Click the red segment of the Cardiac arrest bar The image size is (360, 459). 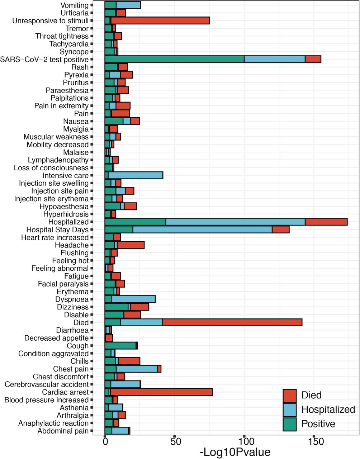pyautogui.click(x=161, y=392)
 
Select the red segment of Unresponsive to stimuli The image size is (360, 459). pyautogui.click(x=160, y=21)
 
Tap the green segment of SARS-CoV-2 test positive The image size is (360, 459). pyautogui.click(x=174, y=60)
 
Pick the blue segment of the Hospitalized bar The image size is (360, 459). pyautogui.click(x=236, y=222)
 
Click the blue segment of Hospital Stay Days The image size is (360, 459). pyautogui.click(x=203, y=229)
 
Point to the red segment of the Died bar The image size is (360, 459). pyautogui.click(x=232, y=322)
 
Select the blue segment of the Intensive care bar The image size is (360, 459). pyautogui.click(x=136, y=175)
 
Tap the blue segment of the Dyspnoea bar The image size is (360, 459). pyautogui.click(x=134, y=299)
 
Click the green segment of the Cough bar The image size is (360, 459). pyautogui.click(x=120, y=346)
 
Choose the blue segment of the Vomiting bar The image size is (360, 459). pyautogui.click(x=128, y=5)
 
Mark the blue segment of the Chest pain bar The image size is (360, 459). pyautogui.click(x=137, y=369)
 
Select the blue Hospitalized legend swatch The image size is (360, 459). pyautogui.click(x=290, y=410)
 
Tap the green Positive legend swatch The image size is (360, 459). pyautogui.click(x=290, y=424)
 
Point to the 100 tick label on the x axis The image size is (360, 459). pyautogui.click(x=244, y=442)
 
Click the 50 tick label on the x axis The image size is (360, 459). pyautogui.click(x=174, y=442)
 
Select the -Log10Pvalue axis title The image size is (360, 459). pyautogui.click(x=235, y=453)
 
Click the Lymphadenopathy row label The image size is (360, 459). pyautogui.click(x=58, y=160)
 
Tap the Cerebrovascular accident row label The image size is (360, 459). pyautogui.click(x=47, y=384)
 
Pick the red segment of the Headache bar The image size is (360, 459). pyautogui.click(x=131, y=245)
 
